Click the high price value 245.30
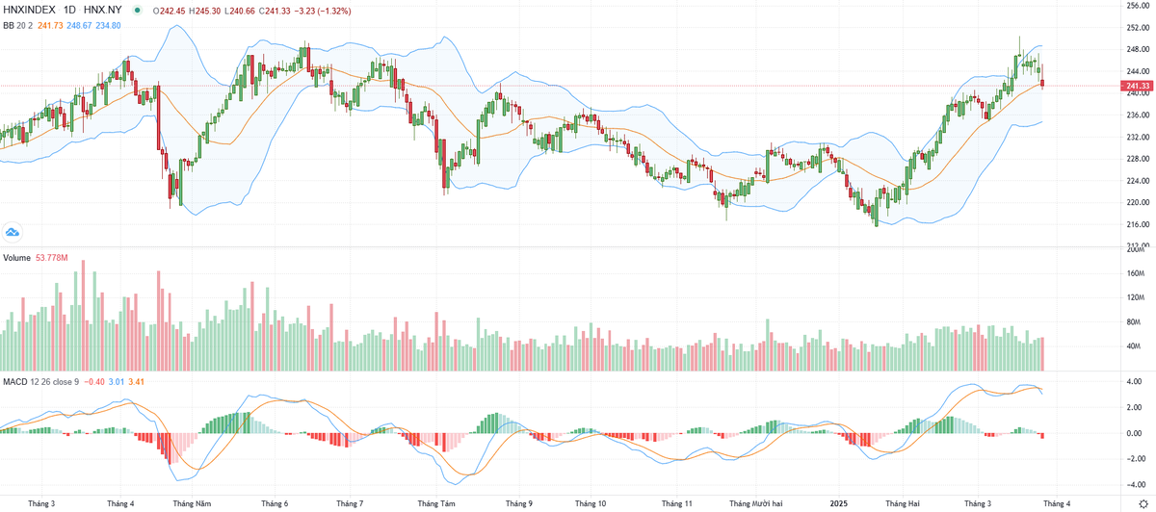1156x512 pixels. tap(208, 10)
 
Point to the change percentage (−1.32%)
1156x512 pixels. tap(331, 10)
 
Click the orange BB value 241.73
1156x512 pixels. tap(49, 25)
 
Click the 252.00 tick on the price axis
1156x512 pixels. tap(1139, 27)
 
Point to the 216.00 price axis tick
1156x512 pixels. tap(1139, 225)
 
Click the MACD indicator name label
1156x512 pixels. tap(14, 383)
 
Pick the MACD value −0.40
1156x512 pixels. tap(95, 383)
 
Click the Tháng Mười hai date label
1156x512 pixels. tap(755, 503)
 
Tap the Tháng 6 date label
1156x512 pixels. tap(275, 503)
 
